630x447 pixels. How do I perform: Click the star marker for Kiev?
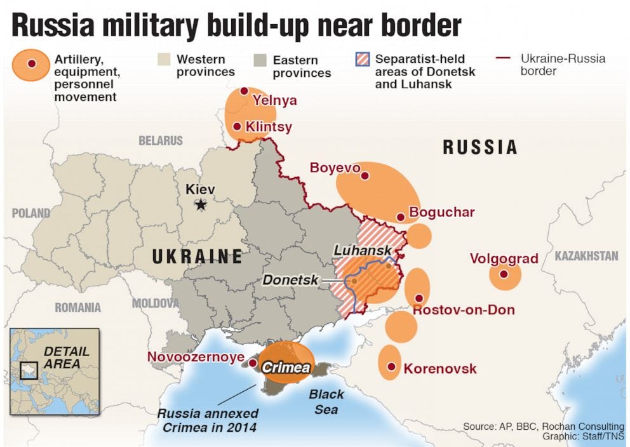click(201, 204)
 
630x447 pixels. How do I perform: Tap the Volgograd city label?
click(504, 259)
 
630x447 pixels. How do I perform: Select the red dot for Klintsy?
click(237, 126)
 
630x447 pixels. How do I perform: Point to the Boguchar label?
click(441, 212)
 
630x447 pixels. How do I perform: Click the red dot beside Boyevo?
click(365, 175)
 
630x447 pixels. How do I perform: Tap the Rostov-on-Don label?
click(464, 310)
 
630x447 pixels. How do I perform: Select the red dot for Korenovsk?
click(391, 367)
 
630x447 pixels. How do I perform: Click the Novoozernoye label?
click(196, 357)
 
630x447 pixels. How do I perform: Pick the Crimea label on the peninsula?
click(286, 368)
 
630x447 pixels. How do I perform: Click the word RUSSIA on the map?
click(479, 148)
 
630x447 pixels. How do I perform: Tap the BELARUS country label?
click(161, 140)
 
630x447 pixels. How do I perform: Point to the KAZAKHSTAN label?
click(586, 256)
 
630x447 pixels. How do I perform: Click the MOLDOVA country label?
click(156, 304)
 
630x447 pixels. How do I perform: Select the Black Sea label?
click(326, 402)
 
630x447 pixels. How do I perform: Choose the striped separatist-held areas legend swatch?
click(363, 60)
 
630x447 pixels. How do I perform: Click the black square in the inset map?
click(29, 370)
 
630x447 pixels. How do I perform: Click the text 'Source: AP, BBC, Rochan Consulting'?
click(544, 427)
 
